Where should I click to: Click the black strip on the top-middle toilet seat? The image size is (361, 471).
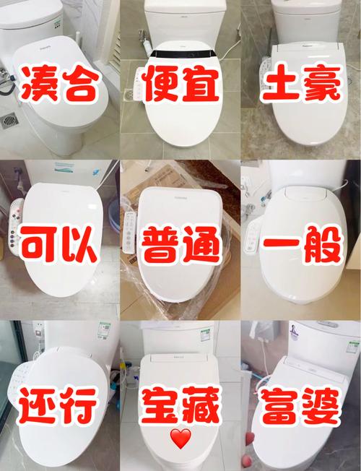(180, 53)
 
